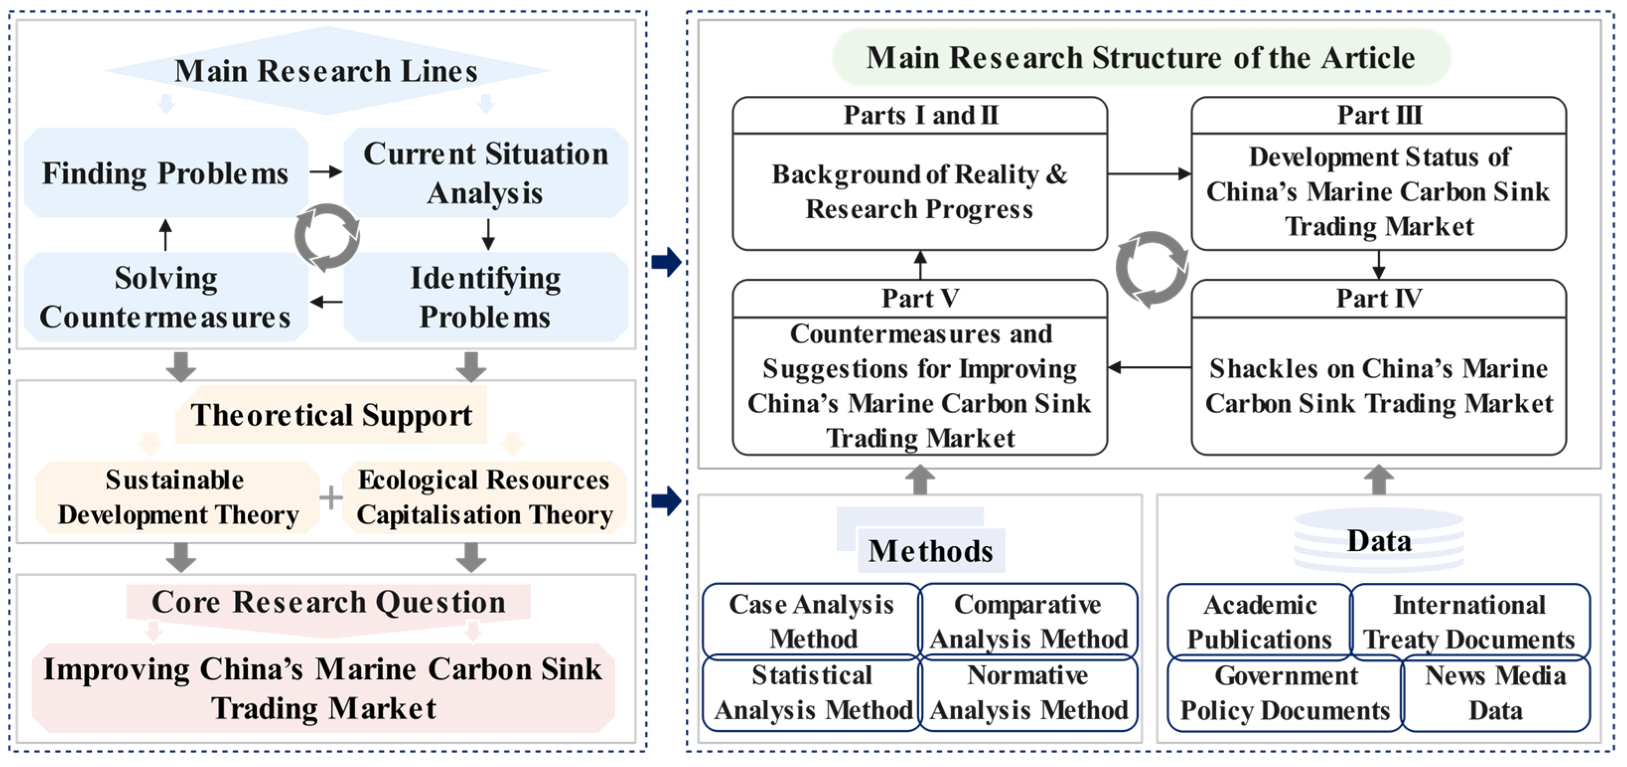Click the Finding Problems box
click(165, 173)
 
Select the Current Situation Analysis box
click(485, 173)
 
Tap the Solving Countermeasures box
click(165, 297)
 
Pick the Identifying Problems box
click(485, 297)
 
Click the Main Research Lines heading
click(326, 71)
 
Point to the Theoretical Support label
click(331, 415)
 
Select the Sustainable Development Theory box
click(177, 498)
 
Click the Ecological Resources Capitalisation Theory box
click(484, 498)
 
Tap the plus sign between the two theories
click(330, 498)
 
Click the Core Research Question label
click(329, 602)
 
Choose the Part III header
click(1379, 116)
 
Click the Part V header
click(920, 299)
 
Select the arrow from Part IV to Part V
click(1149, 367)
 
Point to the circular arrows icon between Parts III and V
click(1151, 269)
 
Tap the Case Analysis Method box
click(812, 621)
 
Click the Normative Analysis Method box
click(1028, 693)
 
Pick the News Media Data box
click(1495, 693)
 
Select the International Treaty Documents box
click(1469, 622)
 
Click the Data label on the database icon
click(1379, 541)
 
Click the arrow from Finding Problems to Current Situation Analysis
click(326, 171)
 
